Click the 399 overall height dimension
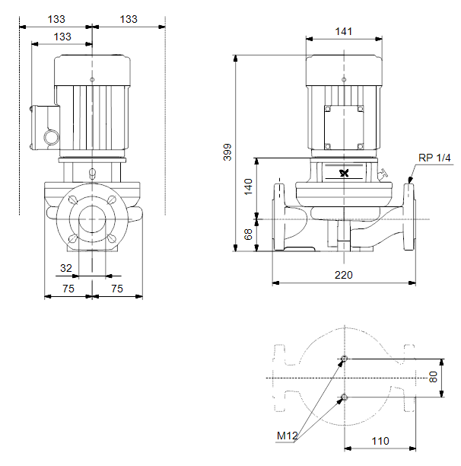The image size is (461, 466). point(227,152)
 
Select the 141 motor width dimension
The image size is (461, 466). point(344,31)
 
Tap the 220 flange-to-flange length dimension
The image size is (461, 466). point(344,275)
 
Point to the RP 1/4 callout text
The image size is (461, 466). point(434,158)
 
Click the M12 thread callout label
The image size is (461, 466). point(287,436)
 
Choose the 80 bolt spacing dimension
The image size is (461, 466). point(434,377)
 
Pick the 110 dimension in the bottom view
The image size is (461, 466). point(380,441)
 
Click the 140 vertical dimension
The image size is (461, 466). point(248,187)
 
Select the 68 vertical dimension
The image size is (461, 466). point(248,235)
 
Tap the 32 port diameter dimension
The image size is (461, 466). point(66,268)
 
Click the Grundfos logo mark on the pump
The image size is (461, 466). point(344,173)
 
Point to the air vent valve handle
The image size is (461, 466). point(383,173)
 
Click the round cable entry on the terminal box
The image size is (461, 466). point(52,137)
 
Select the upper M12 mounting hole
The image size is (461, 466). point(345,359)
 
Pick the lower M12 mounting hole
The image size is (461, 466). point(345,397)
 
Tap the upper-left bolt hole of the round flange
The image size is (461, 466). point(73,199)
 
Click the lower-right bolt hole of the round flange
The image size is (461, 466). point(112,238)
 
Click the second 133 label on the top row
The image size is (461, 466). point(129,19)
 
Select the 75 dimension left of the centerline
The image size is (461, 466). point(68,289)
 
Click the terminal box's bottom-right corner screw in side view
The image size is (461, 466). point(361,146)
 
